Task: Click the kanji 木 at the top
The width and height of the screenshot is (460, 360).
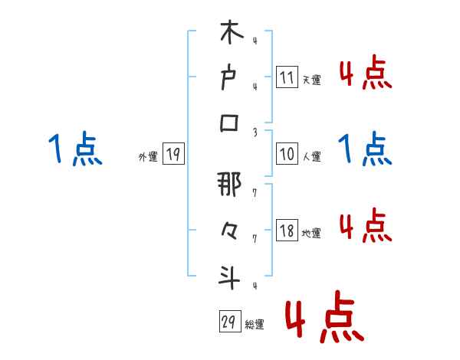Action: [x=231, y=34]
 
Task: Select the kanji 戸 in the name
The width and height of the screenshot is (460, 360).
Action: [x=231, y=77]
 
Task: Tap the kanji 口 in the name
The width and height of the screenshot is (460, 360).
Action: [x=231, y=123]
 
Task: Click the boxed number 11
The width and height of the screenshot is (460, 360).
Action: [x=286, y=77]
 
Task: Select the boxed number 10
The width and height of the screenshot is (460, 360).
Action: [x=286, y=153]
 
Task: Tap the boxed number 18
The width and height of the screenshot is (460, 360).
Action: [x=286, y=230]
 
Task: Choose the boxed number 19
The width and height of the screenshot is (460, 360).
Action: [x=172, y=155]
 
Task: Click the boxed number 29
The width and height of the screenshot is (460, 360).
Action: [x=229, y=321]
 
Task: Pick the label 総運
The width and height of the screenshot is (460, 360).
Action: [x=255, y=324]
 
